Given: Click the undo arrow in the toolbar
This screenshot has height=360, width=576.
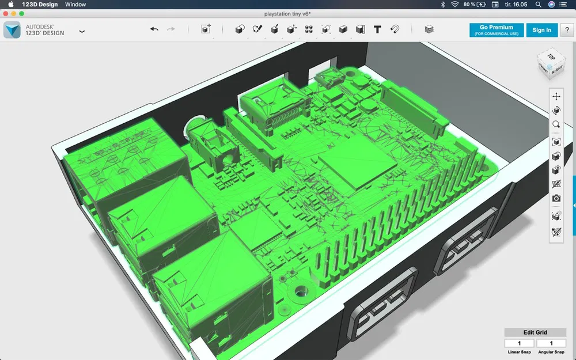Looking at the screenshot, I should [x=154, y=29].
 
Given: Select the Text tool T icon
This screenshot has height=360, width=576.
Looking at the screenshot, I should [x=377, y=29].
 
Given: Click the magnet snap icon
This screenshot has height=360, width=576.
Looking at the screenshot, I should [x=395, y=29].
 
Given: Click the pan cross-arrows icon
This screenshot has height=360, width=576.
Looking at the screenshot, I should [x=556, y=96].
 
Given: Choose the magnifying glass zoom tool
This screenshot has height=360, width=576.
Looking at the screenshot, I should [x=556, y=124].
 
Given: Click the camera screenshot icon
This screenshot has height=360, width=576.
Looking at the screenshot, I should [x=556, y=199].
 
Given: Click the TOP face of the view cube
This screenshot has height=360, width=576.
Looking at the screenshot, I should [x=551, y=57].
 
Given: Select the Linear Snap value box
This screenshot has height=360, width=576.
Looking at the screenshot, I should [x=518, y=343].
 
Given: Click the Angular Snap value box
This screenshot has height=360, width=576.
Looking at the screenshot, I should [x=551, y=343].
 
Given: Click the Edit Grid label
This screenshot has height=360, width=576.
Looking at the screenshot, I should [x=535, y=332].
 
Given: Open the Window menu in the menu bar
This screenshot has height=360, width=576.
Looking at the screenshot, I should [x=75, y=5].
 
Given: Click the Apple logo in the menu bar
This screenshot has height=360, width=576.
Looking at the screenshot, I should [x=10, y=5].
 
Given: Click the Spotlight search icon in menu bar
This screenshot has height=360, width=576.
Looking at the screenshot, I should [x=538, y=5].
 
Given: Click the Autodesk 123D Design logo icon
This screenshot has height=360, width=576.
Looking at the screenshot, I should [x=12, y=30].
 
